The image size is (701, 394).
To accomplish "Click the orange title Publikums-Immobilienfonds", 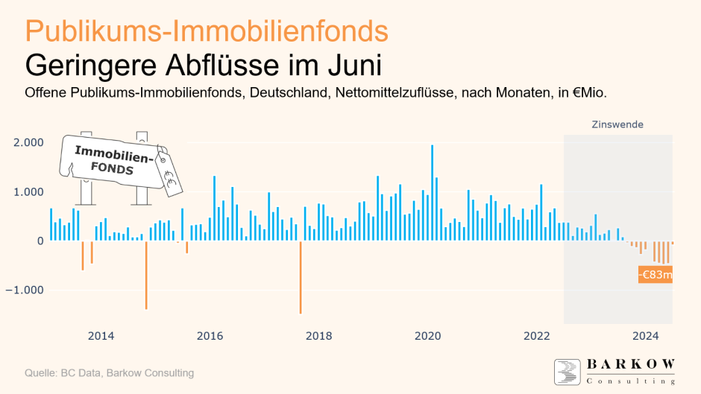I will point(206,31).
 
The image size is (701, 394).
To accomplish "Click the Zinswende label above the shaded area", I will point(617,124).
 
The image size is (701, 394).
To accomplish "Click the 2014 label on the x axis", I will point(101,336).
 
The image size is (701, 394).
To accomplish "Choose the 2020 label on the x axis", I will point(428,336).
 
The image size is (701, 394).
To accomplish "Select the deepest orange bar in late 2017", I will point(301,276).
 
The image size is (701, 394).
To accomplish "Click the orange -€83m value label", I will point(656,275).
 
